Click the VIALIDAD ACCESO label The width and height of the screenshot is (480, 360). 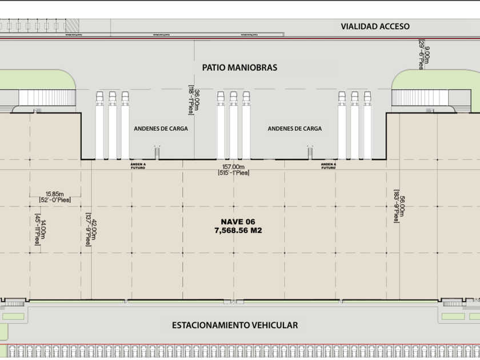point(375,26)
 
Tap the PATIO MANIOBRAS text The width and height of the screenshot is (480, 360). point(239,67)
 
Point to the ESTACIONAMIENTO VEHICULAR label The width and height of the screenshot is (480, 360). point(235,325)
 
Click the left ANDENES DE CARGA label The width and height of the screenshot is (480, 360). point(161,129)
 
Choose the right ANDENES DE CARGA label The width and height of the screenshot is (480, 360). point(294,129)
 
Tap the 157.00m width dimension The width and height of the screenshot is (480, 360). point(234,167)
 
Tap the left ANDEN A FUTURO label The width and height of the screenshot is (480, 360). point(138,166)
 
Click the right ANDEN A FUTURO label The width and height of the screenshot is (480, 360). point(328,166)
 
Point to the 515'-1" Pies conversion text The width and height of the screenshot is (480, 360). point(234,173)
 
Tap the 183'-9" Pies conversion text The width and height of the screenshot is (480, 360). point(395,206)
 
